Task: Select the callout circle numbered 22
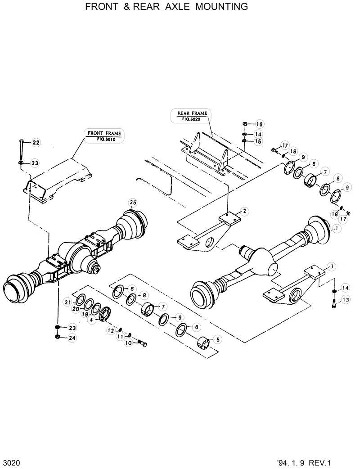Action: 36,143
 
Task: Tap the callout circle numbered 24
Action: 72,338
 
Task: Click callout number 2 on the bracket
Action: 243,210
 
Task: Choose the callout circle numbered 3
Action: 331,267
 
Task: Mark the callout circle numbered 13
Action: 346,300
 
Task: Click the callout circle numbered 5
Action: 218,340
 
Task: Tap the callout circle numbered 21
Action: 67,302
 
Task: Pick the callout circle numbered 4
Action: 91,320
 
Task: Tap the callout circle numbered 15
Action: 259,141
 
